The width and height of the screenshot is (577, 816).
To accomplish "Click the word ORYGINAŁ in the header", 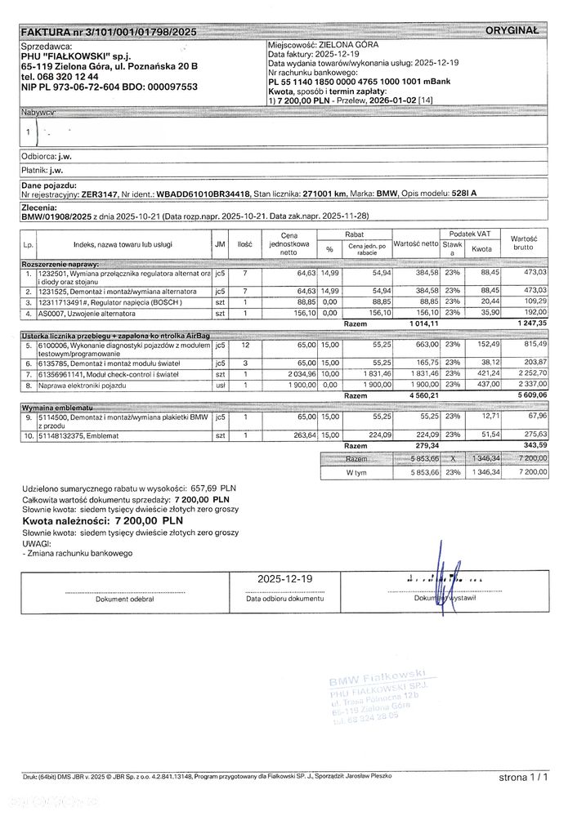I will coord(512,30).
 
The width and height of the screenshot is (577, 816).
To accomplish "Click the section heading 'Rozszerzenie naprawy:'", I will coord(60,265).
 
